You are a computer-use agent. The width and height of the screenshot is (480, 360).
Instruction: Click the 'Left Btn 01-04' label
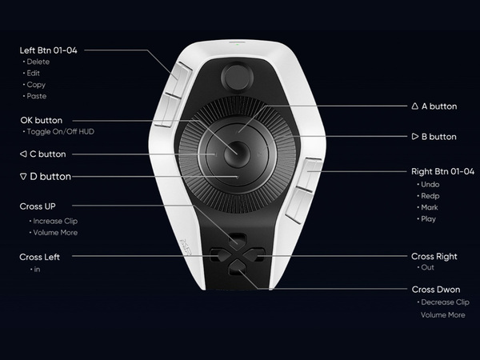pyautogui.click(x=48, y=50)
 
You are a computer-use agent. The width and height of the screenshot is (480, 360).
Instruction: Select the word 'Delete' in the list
pyautogui.click(x=38, y=62)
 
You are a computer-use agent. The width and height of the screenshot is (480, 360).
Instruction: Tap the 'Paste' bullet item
pyautogui.click(x=37, y=96)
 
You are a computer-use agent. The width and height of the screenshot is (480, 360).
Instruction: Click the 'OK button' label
pyautogui.click(x=42, y=120)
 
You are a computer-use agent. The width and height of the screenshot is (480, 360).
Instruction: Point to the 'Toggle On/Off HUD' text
pyautogui.click(x=61, y=132)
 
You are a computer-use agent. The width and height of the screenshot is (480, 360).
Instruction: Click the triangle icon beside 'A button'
pyautogui.click(x=414, y=106)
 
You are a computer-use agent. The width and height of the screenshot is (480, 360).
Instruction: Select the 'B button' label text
pyautogui.click(x=439, y=137)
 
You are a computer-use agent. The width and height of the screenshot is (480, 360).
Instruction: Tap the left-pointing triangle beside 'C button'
pyautogui.click(x=23, y=154)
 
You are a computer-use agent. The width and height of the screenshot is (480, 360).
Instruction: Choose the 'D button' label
pyautogui.click(x=50, y=177)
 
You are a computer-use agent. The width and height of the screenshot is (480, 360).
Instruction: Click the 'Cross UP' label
pyautogui.click(x=38, y=206)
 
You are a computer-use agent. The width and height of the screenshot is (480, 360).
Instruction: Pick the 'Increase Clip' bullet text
pyautogui.click(x=55, y=221)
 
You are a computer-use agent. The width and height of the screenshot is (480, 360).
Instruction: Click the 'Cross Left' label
pyautogui.click(x=39, y=257)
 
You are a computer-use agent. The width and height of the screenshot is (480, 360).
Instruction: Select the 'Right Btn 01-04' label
pyautogui.click(x=442, y=171)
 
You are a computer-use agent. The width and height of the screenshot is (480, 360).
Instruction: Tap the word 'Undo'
pyautogui.click(x=430, y=185)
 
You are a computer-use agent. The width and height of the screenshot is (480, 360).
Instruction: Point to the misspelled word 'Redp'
pyautogui.click(x=430, y=196)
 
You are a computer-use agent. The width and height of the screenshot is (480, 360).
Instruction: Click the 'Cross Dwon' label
pyautogui.click(x=436, y=290)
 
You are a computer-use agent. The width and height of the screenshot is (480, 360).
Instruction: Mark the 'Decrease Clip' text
pyautogui.click(x=445, y=302)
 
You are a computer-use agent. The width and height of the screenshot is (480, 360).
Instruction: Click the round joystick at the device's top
pyautogui.click(x=238, y=77)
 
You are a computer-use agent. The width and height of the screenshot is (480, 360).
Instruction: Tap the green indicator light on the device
pyautogui.click(x=238, y=44)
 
